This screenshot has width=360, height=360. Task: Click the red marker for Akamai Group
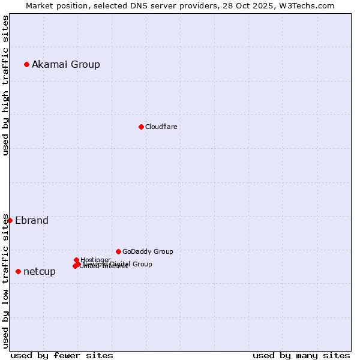coord(26,64)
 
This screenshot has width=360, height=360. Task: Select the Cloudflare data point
coord(141,127)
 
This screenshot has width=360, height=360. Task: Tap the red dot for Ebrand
coord(10,220)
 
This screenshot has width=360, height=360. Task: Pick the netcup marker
coord(18,271)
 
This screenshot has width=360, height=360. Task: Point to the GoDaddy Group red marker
coord(118,251)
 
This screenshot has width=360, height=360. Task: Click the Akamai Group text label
coord(66,64)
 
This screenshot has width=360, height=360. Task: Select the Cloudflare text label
coord(161,127)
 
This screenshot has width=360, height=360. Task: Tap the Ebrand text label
coord(32,220)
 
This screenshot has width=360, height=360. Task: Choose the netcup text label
coord(40,271)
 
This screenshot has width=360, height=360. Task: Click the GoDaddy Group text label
coord(148,251)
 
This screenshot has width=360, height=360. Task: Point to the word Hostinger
coord(95,260)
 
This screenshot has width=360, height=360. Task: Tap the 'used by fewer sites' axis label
coord(62,355)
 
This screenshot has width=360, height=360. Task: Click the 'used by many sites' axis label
coord(301,355)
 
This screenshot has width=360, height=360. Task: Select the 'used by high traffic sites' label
coord(5,85)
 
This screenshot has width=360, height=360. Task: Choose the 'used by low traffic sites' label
coord(5,281)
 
